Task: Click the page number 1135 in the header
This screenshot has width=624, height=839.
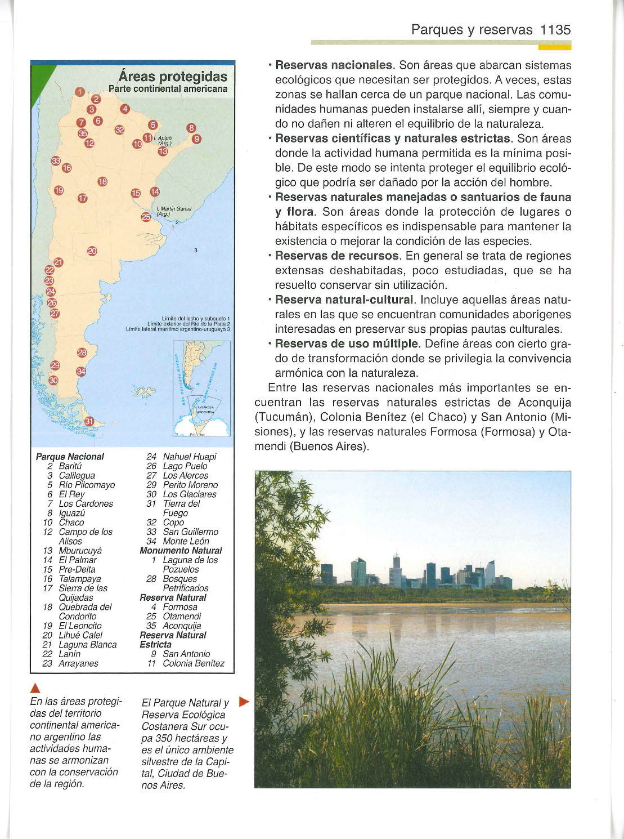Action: (x=555, y=30)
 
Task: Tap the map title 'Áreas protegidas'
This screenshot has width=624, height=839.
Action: (x=173, y=77)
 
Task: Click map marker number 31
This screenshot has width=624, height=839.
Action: (x=89, y=421)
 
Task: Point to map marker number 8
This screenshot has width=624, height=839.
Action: (x=191, y=128)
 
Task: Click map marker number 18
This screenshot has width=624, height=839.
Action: (x=102, y=181)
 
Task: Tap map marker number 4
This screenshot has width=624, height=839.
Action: (x=125, y=109)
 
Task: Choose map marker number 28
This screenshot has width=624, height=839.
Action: (x=82, y=352)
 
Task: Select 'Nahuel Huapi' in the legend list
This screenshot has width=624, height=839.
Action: (x=189, y=457)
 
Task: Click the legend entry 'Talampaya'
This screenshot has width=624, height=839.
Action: (x=80, y=579)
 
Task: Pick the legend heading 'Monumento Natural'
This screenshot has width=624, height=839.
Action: (x=181, y=551)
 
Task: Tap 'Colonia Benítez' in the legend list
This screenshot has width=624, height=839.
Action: (x=194, y=663)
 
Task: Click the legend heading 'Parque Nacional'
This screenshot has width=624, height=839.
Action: (x=70, y=457)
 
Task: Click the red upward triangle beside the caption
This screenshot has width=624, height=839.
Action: (x=35, y=688)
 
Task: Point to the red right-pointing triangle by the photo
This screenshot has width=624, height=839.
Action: (x=244, y=702)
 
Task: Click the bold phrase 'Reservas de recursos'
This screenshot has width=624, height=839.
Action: (x=336, y=256)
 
